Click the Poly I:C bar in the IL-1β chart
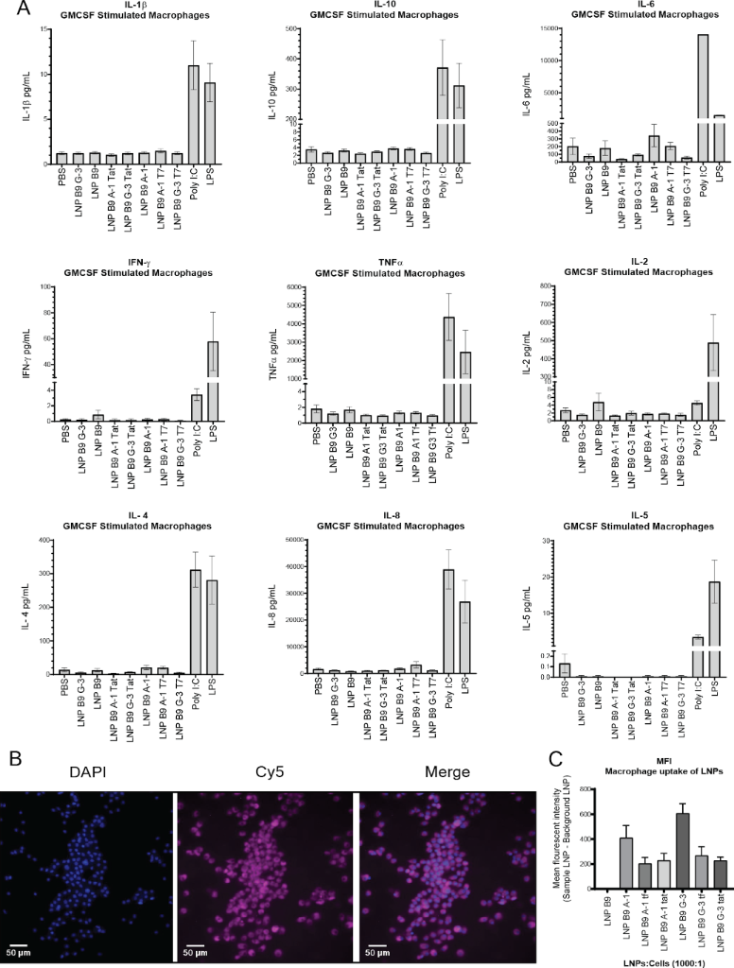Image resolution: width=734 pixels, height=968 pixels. pyautogui.click(x=194, y=114)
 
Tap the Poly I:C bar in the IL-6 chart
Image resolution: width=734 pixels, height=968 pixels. pyautogui.click(x=703, y=95)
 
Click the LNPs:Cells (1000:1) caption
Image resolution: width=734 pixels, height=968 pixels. pyautogui.click(x=650, y=957)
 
